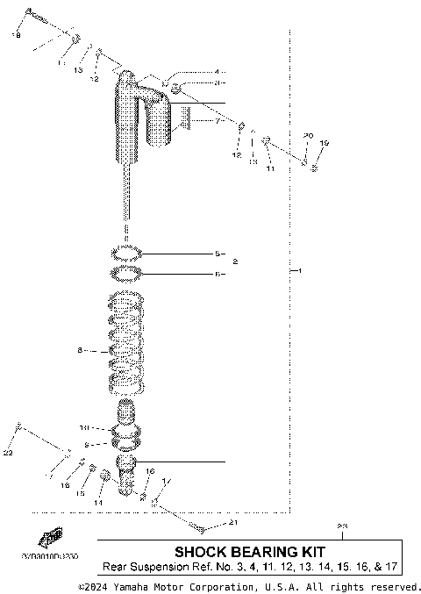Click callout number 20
click(x=307, y=135)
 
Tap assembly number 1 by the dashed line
click(x=299, y=272)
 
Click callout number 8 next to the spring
click(x=80, y=350)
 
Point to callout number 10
click(x=84, y=428)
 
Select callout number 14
click(x=98, y=503)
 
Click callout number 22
click(x=7, y=453)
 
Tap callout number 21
click(x=232, y=523)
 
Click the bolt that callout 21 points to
click(x=200, y=528)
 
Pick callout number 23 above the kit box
click(x=342, y=526)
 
